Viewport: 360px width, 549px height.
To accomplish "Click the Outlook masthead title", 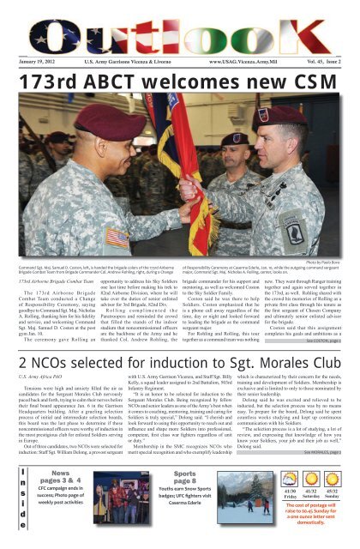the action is coord(180,26).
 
